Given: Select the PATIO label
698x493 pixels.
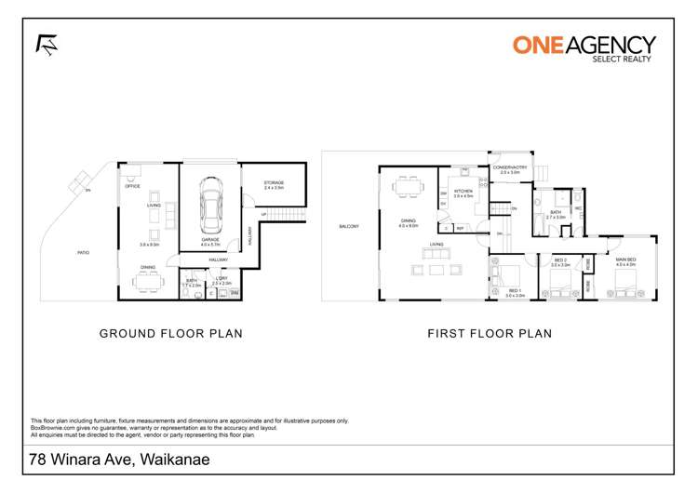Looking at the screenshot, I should [84, 252].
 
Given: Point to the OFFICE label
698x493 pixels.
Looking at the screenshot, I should [132, 186].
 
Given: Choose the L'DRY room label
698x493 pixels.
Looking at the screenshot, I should [220, 279].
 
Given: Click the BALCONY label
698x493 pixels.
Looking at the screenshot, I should [349, 226].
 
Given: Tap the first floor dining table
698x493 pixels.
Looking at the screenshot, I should [408, 187].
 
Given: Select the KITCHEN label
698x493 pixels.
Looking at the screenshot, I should [463, 191].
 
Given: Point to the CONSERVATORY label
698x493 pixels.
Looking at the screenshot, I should [510, 167].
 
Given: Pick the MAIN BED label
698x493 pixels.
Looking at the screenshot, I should [625, 260].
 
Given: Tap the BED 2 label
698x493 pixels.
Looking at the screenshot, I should [560, 261].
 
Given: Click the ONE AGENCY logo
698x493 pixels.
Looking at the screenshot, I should [584, 47].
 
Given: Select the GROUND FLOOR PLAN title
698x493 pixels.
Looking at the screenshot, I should [170, 333].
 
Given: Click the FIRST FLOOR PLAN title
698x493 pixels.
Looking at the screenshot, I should [489, 333].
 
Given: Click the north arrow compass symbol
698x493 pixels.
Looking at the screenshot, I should [46, 44].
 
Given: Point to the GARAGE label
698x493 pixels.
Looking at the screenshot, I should [210, 239].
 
